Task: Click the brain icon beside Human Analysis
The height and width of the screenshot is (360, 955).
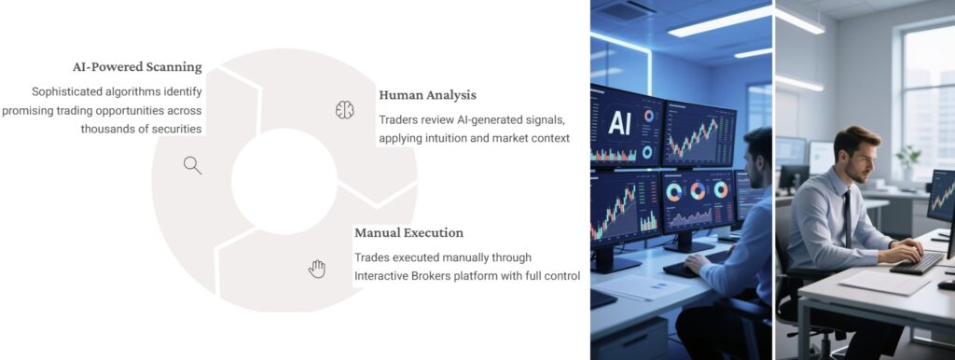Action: pyautogui.click(x=344, y=110)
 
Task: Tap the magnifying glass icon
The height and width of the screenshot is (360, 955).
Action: pyautogui.click(x=192, y=166)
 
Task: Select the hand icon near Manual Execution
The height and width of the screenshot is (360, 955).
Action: pyautogui.click(x=317, y=269)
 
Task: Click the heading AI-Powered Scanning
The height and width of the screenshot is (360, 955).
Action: pyautogui.click(x=137, y=67)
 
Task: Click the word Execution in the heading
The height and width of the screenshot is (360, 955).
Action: pyautogui.click(x=431, y=232)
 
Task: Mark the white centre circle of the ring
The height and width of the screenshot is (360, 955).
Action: pyautogui.click(x=284, y=180)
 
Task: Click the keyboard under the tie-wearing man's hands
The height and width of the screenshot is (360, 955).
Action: pyautogui.click(x=919, y=262)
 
